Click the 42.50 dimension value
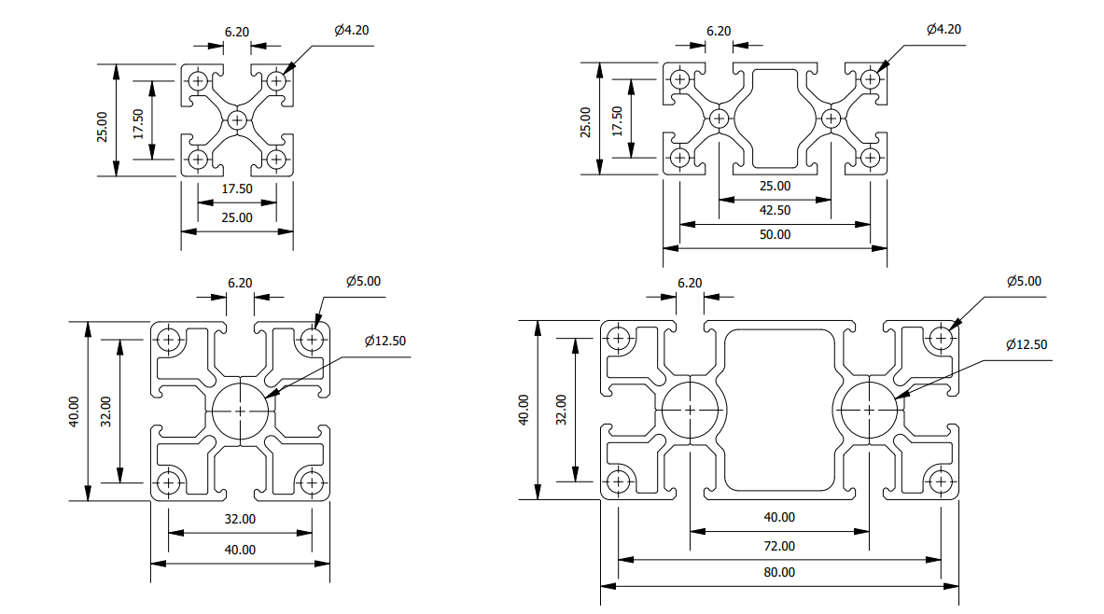point(775,211)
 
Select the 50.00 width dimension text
point(775,235)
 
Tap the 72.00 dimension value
point(779,546)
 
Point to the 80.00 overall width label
point(779,573)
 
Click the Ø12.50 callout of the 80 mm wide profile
point(1027,345)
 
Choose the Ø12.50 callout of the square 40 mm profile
point(385,341)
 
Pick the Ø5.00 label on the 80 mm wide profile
point(1024,281)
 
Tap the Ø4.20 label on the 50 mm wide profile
point(943,30)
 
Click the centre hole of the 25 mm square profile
point(237,119)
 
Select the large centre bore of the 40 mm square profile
point(240,411)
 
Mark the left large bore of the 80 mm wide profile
point(690,411)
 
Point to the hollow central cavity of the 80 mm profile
point(779,411)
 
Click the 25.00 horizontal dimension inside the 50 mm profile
point(775,186)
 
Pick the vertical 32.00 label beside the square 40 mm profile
point(105,411)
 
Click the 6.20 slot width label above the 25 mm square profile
point(237,32)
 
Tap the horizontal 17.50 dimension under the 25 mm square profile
point(237,189)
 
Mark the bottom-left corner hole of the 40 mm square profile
point(169,482)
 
